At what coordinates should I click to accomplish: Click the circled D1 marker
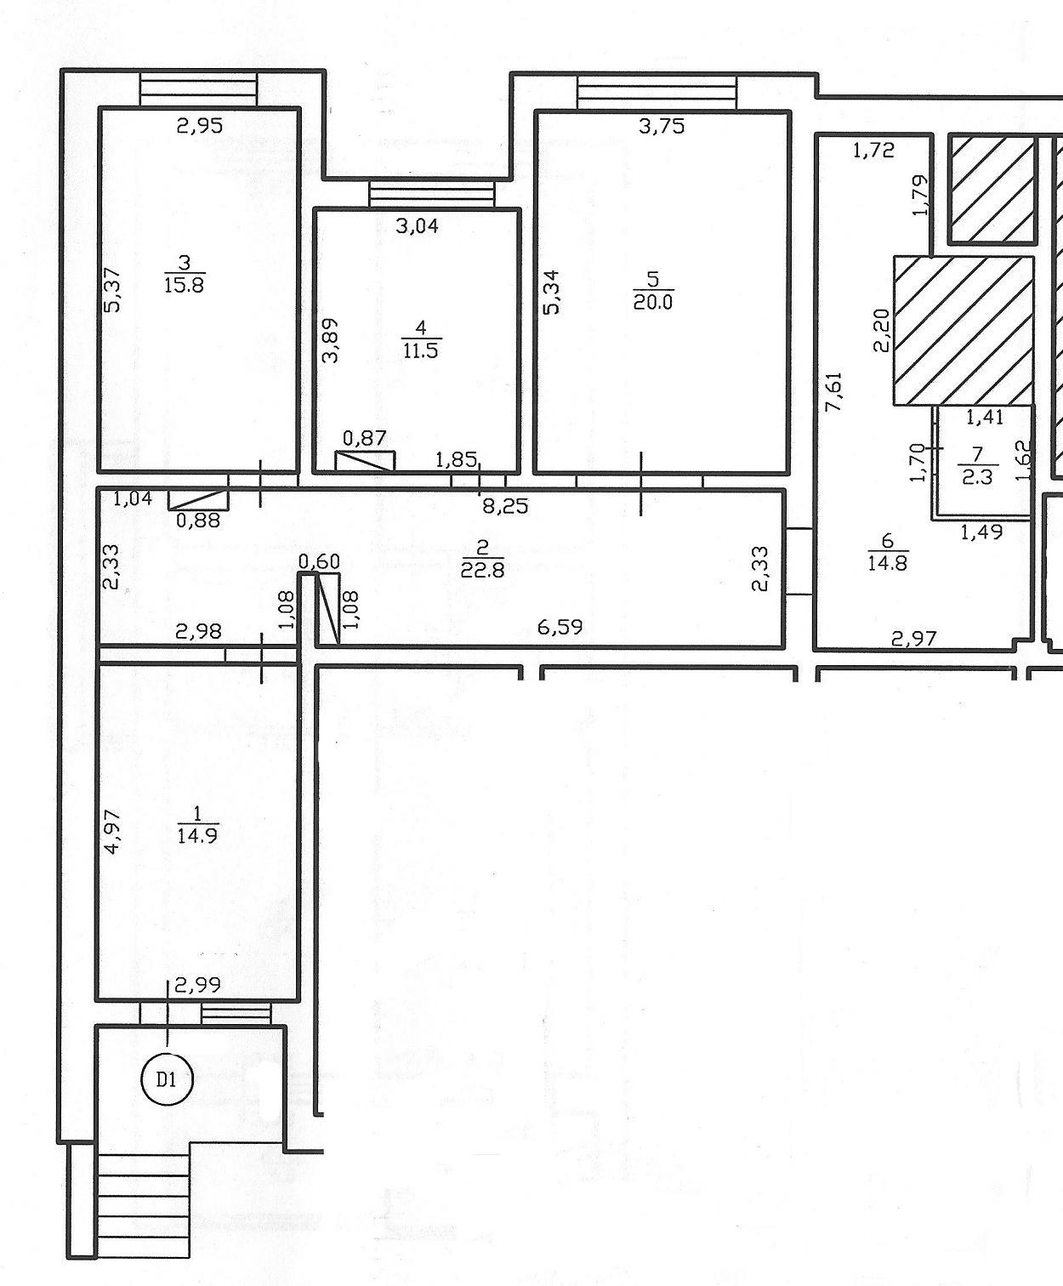click(x=167, y=1079)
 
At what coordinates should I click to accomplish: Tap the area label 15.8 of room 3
click(x=185, y=285)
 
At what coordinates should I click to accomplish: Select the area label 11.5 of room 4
click(x=421, y=350)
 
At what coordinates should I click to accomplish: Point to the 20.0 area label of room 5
click(x=653, y=302)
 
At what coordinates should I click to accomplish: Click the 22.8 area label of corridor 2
click(x=482, y=570)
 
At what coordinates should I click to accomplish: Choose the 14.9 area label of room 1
click(x=197, y=836)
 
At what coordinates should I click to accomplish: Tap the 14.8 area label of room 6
click(x=888, y=563)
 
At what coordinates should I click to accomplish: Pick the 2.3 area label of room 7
click(x=977, y=476)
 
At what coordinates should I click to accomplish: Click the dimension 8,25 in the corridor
click(x=506, y=506)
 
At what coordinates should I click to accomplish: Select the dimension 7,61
click(x=834, y=392)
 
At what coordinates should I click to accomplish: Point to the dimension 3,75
click(x=662, y=126)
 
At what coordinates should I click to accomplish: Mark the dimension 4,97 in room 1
click(x=114, y=832)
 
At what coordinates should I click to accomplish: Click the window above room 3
click(x=198, y=90)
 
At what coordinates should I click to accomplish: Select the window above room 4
click(x=432, y=194)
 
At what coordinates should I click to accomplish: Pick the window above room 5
click(x=657, y=93)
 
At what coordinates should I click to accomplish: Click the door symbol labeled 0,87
click(x=365, y=461)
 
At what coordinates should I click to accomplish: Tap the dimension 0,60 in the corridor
click(x=319, y=561)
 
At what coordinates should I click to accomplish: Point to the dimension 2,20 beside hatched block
click(x=881, y=330)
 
